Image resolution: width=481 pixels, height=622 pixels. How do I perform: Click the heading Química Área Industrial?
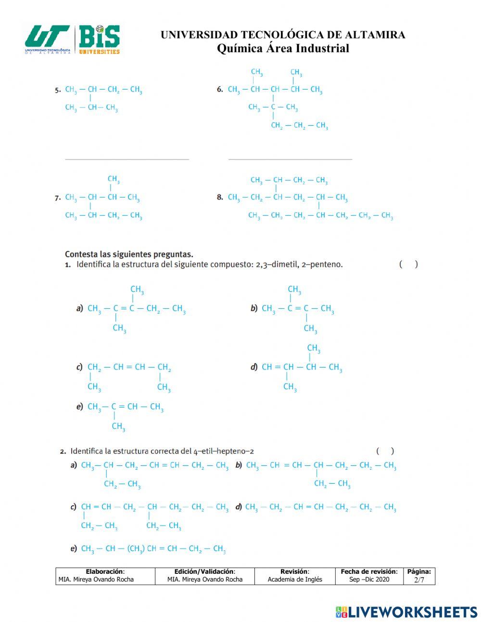[x=283, y=48]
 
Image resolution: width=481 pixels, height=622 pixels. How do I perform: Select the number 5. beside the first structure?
[x=58, y=90]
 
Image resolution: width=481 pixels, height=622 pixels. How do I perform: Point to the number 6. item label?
[x=220, y=90]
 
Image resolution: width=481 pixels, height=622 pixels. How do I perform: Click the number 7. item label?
[x=58, y=198]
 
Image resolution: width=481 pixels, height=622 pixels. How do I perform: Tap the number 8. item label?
[x=220, y=198]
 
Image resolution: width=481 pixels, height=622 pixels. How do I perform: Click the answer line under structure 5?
[x=127, y=159]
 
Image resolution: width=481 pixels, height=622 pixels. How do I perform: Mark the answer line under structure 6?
[x=290, y=159]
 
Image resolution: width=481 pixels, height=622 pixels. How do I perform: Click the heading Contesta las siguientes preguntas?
[x=129, y=254]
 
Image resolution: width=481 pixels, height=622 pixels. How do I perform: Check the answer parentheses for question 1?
[x=408, y=264]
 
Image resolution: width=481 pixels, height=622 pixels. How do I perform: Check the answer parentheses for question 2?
[x=385, y=451]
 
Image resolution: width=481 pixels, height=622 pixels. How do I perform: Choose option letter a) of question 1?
[x=80, y=308]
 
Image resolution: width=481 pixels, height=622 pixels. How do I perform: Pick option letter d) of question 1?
[x=254, y=367]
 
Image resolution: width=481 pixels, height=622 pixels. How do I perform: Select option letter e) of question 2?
[x=74, y=548]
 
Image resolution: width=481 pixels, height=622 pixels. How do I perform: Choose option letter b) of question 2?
[x=239, y=465]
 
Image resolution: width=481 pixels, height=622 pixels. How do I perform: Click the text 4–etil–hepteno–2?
[x=224, y=451]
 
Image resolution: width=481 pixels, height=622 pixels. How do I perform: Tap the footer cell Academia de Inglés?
[x=295, y=580]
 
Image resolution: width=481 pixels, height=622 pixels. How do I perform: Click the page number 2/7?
[x=419, y=580]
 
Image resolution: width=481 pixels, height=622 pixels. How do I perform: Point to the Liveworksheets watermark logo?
[x=406, y=612]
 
